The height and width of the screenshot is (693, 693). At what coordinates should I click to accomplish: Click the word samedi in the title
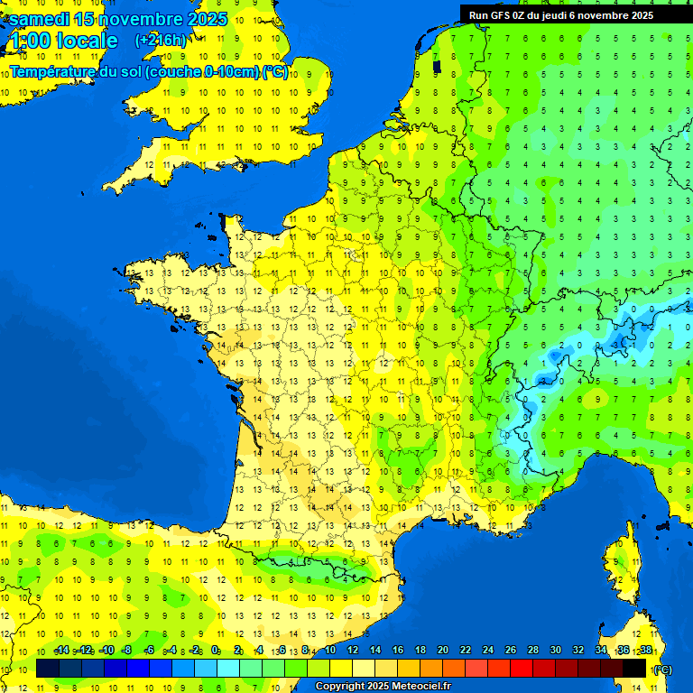(x=38, y=19)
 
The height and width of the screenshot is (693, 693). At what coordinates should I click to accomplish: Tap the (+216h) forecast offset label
(x=161, y=41)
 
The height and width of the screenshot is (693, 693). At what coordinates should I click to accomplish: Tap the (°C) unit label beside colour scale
(x=661, y=669)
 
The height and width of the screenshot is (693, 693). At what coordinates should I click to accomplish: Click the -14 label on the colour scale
(x=62, y=651)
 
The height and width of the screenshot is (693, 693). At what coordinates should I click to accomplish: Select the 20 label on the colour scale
(x=442, y=651)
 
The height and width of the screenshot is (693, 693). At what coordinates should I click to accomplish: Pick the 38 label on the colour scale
(x=646, y=651)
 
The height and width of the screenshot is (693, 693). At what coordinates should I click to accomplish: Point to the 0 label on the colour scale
(x=215, y=651)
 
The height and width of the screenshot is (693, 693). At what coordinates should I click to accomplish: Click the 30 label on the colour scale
(x=556, y=651)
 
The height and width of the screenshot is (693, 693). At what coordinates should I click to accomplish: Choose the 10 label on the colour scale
(x=329, y=651)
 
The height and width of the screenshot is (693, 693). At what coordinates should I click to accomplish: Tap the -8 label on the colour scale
(x=127, y=651)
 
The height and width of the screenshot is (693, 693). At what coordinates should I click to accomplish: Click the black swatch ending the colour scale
(x=634, y=668)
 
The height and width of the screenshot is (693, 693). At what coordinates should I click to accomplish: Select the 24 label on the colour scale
(x=488, y=651)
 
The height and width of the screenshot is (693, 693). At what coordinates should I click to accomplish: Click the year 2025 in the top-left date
(x=207, y=19)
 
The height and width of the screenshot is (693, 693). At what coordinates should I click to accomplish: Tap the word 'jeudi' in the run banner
(x=551, y=14)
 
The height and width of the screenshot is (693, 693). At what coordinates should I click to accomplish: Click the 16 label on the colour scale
(x=398, y=651)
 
